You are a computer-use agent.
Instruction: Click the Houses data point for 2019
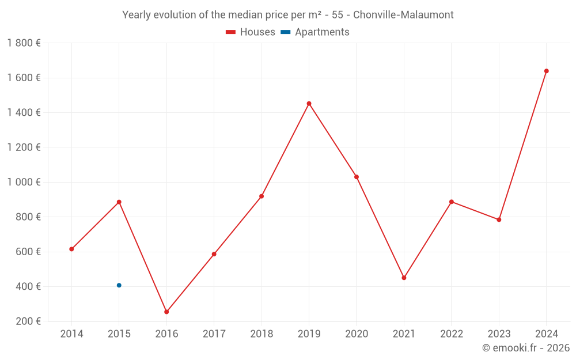309,104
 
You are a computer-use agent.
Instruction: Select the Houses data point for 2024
546,71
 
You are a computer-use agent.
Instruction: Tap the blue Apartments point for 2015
119,285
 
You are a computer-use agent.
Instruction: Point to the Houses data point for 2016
166,312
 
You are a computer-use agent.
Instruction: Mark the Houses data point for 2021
404,278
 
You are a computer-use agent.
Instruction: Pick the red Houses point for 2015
119,202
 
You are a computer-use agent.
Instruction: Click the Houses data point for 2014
71,249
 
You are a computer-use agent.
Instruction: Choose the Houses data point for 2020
357,177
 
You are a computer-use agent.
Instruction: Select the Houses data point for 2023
499,219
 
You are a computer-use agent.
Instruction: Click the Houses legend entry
251,32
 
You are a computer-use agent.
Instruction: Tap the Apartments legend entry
315,32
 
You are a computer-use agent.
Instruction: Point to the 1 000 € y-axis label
24,182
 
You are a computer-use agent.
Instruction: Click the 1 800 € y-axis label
24,43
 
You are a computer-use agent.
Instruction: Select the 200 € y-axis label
27,321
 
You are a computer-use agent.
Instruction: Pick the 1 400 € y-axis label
24,112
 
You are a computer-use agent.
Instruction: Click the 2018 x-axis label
262,334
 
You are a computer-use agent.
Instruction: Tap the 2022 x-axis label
452,334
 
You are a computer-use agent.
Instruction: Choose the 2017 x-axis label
214,334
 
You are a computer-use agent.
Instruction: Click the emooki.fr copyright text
526,348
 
